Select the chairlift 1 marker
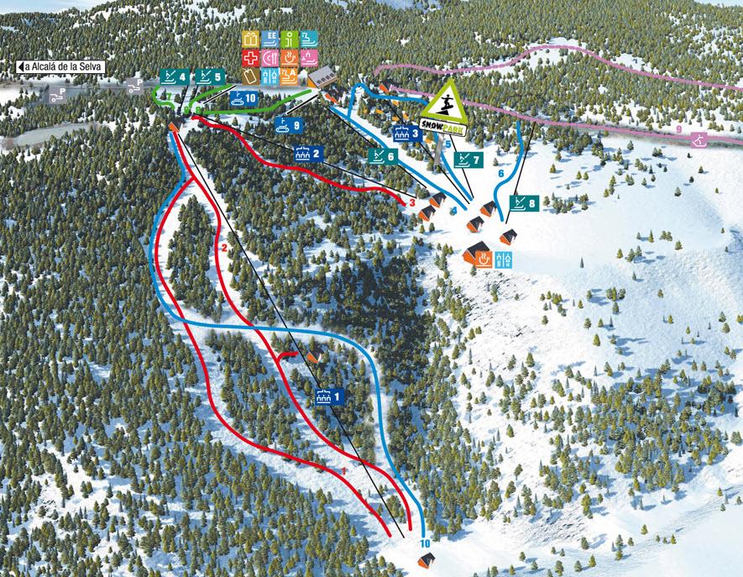click(x=328, y=396)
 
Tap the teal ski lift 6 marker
click(x=382, y=156)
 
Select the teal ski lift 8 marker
click(x=523, y=202)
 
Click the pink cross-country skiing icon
click(x=699, y=141)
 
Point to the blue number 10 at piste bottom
click(x=425, y=543)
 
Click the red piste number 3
click(x=412, y=202)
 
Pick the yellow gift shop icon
click(x=250, y=38)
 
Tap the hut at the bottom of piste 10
click(x=425, y=560)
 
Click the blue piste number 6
click(x=500, y=173)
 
